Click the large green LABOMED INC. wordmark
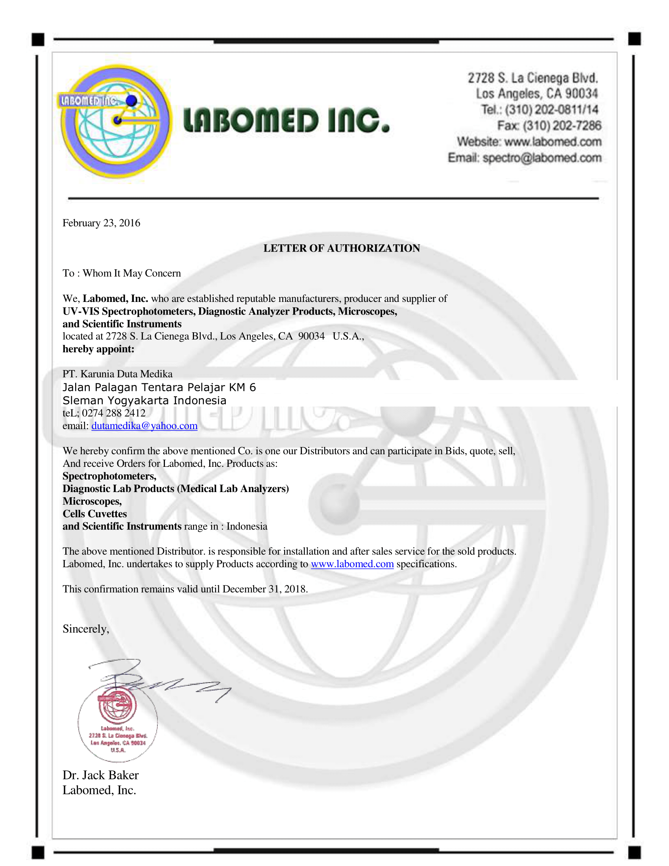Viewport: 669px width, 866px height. click(286, 120)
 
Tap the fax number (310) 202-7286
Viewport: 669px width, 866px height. click(562, 126)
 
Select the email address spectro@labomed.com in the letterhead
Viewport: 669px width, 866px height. click(542, 158)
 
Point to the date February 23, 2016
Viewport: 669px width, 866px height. click(102, 223)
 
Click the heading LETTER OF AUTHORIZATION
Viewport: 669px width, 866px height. click(342, 248)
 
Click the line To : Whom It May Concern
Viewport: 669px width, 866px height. click(122, 273)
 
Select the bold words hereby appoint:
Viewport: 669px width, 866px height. click(98, 349)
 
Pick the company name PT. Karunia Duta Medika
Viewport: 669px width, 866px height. click(118, 374)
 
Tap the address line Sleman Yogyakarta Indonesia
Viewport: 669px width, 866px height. click(145, 400)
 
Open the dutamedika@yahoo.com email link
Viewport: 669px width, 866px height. click(144, 426)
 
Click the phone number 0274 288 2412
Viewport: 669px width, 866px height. click(114, 413)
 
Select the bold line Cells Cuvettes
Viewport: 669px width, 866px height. click(95, 514)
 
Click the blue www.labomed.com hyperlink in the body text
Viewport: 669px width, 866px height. click(352, 564)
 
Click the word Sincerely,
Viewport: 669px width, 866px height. click(86, 629)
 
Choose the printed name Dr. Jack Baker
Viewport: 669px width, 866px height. click(101, 775)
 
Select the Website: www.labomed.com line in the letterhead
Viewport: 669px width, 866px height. click(529, 142)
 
